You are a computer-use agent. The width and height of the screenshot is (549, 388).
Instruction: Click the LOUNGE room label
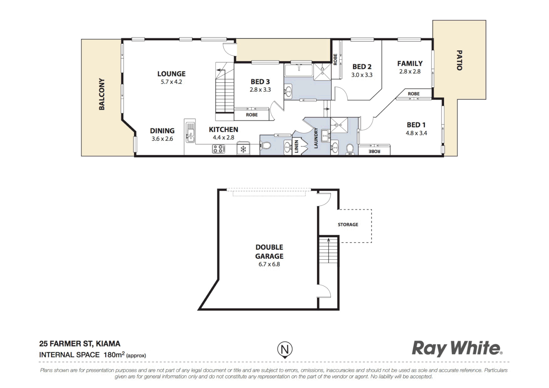(171, 74)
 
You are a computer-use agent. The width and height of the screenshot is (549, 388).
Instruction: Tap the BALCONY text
(102, 94)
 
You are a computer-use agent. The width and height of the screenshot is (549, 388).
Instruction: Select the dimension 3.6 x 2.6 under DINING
(162, 139)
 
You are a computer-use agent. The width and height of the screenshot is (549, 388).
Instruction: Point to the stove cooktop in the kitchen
(218, 149)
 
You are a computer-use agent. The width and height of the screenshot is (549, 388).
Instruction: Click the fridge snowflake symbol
(243, 149)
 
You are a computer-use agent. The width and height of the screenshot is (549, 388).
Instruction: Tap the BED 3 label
(260, 82)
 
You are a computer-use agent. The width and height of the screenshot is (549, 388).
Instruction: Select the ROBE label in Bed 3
(252, 115)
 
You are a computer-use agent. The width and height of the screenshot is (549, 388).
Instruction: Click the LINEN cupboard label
(297, 147)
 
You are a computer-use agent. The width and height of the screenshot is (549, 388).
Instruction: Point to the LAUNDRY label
(316, 138)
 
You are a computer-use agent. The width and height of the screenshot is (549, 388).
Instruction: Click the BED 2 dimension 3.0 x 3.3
(362, 75)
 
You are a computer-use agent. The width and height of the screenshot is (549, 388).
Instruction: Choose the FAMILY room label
(410, 64)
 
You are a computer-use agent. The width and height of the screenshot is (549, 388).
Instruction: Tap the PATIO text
(459, 60)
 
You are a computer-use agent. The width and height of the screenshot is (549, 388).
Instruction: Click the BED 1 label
(416, 125)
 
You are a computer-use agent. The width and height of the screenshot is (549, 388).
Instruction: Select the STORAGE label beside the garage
(348, 225)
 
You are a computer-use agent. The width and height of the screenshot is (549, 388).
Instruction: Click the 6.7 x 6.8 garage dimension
(269, 264)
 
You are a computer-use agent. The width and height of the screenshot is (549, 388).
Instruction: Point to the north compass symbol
(285, 350)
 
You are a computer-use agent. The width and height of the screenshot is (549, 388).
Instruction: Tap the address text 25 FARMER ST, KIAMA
(80, 344)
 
